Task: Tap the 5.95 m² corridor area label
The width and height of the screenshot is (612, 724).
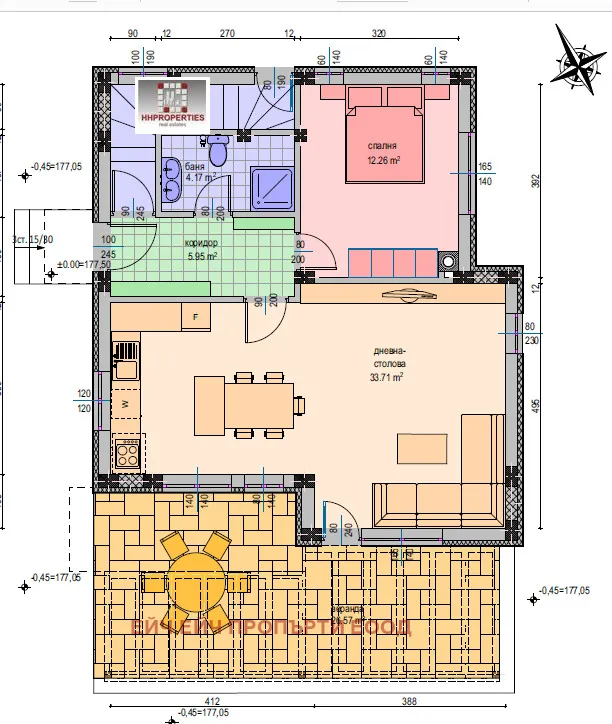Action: tap(201, 255)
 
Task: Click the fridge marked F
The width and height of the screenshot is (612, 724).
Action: tap(196, 317)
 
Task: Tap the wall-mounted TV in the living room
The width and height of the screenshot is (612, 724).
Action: tap(409, 294)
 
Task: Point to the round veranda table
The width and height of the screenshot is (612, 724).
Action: tap(194, 582)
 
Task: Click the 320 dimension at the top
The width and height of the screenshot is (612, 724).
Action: tap(378, 33)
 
